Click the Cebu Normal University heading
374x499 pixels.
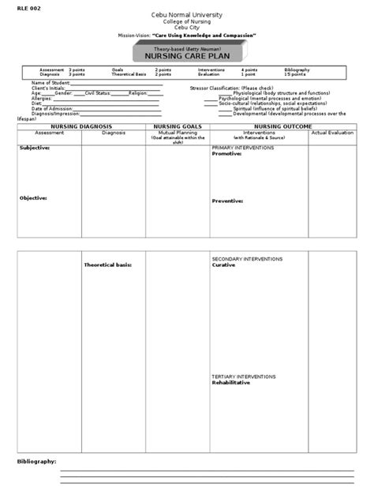coord(185,16)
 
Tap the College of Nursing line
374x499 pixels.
coord(185,23)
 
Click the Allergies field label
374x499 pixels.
coord(43,97)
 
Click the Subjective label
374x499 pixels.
coord(35,148)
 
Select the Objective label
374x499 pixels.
coord(33,198)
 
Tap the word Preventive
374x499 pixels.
coord(227,201)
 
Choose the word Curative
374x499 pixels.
coord(223,265)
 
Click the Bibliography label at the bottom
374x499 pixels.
coord(37,460)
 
